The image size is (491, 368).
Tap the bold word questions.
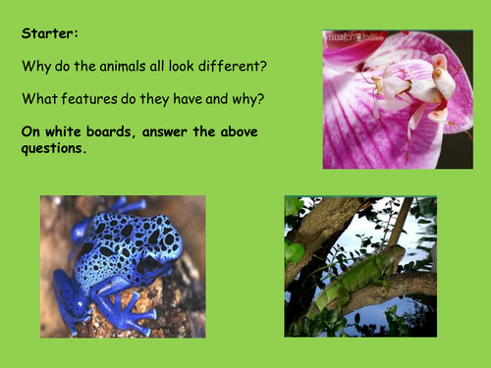coord(54,151)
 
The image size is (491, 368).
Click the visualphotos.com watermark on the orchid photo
coord(355,39)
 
